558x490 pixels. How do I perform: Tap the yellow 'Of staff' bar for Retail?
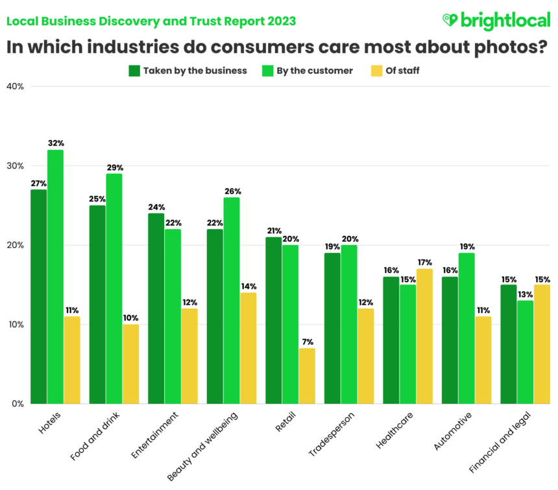point(307,376)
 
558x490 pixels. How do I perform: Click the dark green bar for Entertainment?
point(156,309)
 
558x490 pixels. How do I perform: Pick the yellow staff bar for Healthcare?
point(424,336)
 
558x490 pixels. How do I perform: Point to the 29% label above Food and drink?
point(114,168)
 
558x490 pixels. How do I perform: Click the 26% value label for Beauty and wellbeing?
point(232,191)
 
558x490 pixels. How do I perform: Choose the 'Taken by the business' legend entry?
point(188,71)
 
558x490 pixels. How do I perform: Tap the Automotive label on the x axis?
point(450,430)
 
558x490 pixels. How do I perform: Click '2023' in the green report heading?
point(281,21)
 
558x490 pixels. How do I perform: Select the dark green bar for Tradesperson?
point(332,328)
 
